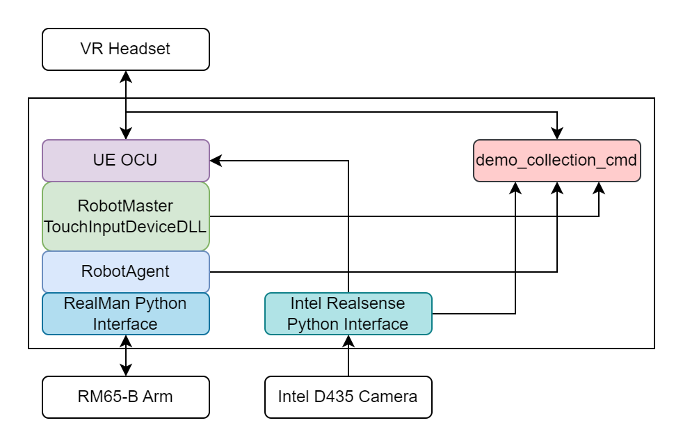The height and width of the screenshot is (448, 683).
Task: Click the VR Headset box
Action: pyautogui.click(x=125, y=49)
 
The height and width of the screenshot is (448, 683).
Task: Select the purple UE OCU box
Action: pyautogui.click(x=125, y=160)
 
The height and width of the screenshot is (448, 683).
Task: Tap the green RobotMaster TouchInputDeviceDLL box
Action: pyautogui.click(x=125, y=216)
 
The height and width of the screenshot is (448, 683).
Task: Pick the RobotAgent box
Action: pyautogui.click(x=125, y=271)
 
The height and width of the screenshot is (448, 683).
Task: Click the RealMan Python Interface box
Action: pyautogui.click(x=125, y=314)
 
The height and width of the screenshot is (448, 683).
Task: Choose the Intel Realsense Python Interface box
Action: pyautogui.click(x=348, y=314)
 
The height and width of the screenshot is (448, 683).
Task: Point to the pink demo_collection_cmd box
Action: pyautogui.click(x=556, y=160)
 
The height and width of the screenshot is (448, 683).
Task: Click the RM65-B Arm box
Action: pyautogui.click(x=125, y=397)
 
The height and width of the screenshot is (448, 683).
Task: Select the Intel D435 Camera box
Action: pyautogui.click(x=348, y=397)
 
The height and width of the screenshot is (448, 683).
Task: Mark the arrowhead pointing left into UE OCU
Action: pyautogui.click(x=215, y=160)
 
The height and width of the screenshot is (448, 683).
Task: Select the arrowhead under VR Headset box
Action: pyautogui.click(x=125, y=76)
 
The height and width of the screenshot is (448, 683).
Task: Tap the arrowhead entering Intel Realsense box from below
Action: pyautogui.click(x=348, y=340)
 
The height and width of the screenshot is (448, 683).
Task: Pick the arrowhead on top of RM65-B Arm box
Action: pyautogui.click(x=125, y=371)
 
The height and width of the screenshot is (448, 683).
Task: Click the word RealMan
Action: pyautogui.click(x=90, y=304)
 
